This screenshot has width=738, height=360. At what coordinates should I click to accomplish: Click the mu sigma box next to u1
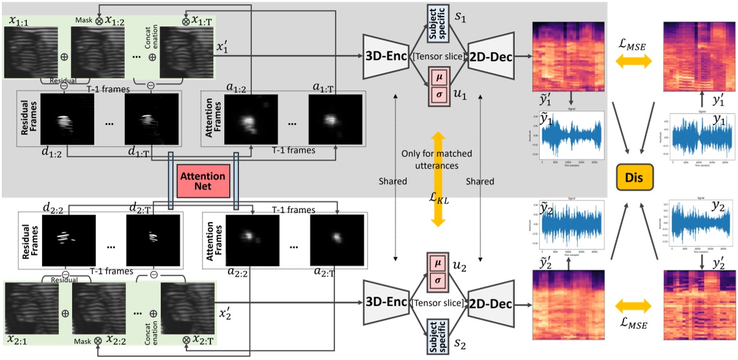point(438,86)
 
